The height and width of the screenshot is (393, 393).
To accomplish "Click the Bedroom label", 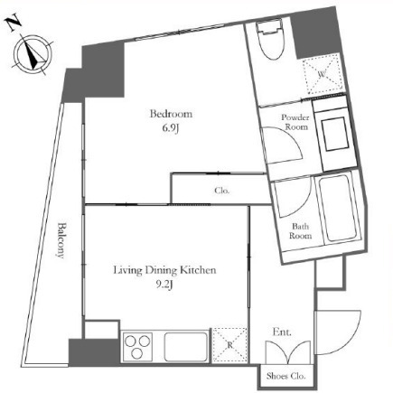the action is click(x=171, y=114).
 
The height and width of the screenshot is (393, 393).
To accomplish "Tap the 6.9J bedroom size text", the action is click(x=171, y=128).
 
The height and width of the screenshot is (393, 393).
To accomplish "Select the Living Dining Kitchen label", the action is click(x=164, y=270).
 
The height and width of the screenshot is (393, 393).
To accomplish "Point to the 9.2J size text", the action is click(x=164, y=285).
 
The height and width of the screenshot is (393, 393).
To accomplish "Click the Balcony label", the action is click(x=61, y=240).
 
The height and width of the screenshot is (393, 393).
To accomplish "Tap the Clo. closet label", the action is click(x=222, y=191).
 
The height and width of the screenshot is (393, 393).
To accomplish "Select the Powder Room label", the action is click(x=295, y=122).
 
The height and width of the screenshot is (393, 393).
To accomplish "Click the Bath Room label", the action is click(x=300, y=230).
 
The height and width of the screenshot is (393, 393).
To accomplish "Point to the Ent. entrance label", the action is click(x=282, y=332).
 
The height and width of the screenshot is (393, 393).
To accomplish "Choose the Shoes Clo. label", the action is click(x=285, y=376).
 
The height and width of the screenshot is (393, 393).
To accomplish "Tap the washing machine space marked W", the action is click(x=322, y=74).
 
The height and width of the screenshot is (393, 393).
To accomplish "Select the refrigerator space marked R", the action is click(x=229, y=345).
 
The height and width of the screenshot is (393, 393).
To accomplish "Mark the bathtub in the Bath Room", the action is click(x=339, y=207).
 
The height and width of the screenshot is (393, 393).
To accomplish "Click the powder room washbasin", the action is click(x=335, y=134).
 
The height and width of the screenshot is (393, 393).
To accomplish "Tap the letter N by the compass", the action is click(x=14, y=23).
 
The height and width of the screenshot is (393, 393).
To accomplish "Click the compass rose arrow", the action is click(x=33, y=55).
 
